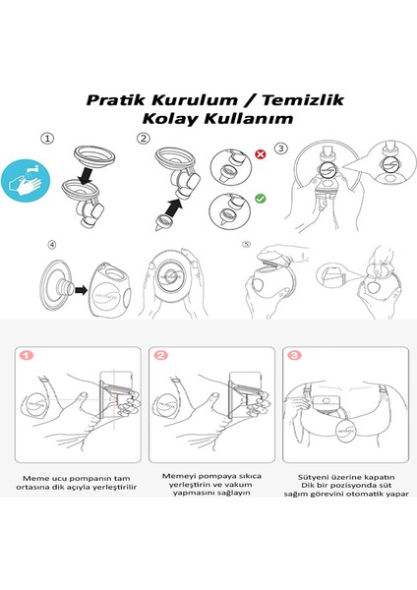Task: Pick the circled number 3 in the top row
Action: pyautogui.click(x=281, y=147)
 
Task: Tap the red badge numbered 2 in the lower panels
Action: pyautogui.click(x=159, y=354)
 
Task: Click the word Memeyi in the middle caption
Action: pyautogui.click(x=169, y=473)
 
